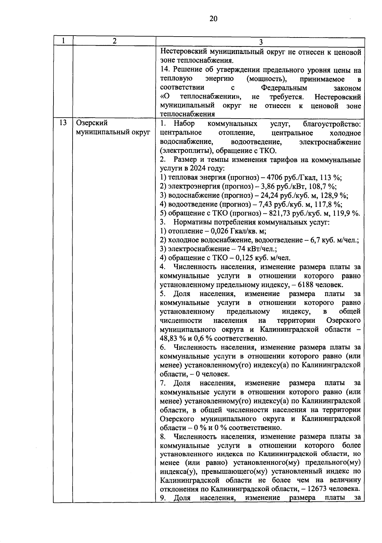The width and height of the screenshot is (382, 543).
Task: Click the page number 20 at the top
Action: (x=213, y=19)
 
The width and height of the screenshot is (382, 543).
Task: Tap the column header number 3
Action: (x=260, y=42)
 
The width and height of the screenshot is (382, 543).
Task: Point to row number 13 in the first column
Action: (x=63, y=123)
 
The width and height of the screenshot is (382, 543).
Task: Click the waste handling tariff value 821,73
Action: (x=280, y=213)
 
